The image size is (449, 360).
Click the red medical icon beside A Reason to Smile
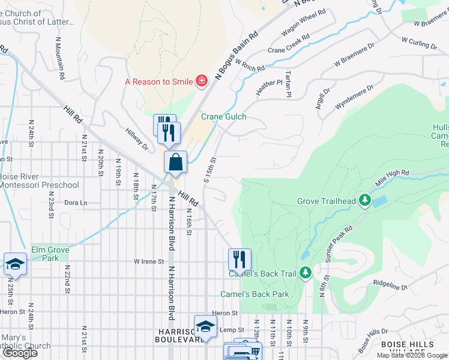pos(202,81)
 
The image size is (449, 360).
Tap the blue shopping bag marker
pos(176,163)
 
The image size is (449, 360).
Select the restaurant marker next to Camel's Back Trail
pos(240,260)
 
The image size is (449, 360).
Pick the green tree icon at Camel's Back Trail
pos(306,274)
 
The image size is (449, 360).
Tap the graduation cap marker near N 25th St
pos(15,264)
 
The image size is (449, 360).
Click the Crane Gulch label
pos(223,116)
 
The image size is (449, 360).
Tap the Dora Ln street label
pos(75,203)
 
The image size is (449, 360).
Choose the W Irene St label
pos(149,262)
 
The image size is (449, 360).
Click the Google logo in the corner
pos(20,353)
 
